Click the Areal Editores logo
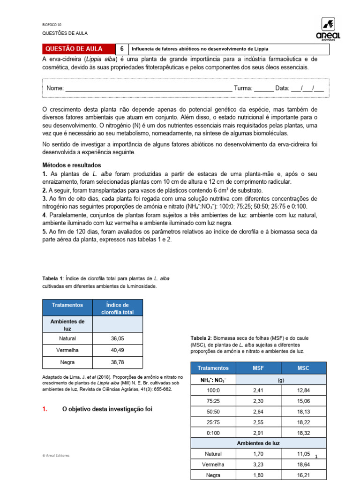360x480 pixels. (x=330, y=29)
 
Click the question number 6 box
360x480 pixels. (x=122, y=49)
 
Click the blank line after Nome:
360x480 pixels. (x=148, y=89)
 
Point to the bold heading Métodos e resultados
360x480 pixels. (x=71, y=165)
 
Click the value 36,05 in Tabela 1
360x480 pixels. (x=118, y=338)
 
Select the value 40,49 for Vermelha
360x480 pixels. (x=118, y=350)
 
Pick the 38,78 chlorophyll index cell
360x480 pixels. (x=118, y=362)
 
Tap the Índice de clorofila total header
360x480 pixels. (x=118, y=308)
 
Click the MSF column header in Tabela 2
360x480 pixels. (x=258, y=368)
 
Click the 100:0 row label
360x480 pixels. (x=213, y=390)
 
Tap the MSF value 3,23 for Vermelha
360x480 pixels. (x=258, y=465)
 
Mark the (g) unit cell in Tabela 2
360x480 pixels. (x=281, y=379)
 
